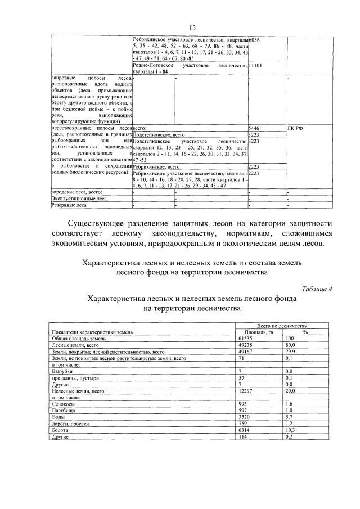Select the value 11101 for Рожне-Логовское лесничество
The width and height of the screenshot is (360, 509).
256,66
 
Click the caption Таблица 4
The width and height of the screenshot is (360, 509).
314,289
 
